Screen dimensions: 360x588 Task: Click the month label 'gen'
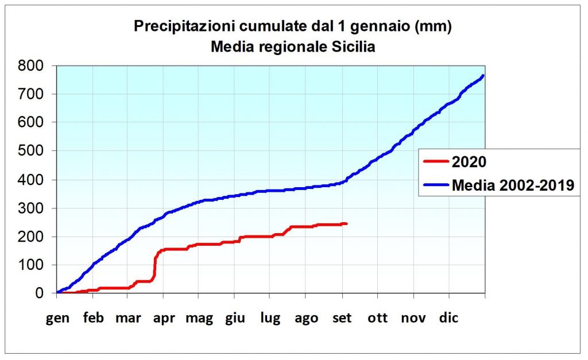pos(58,318)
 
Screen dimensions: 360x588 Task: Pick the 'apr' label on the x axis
pos(164,318)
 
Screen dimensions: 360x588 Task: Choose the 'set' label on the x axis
pos(342,318)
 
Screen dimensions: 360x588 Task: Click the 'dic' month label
pos(450,318)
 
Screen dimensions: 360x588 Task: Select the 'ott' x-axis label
pos(378,318)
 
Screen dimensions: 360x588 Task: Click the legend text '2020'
pos(469,162)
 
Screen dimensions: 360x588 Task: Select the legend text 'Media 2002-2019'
pos(513,185)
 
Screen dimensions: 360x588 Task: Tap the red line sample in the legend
pos(436,162)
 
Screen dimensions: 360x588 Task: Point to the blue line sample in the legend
pos(436,185)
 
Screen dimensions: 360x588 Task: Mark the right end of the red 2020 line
pos(346,223)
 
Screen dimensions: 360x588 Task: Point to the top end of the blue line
pos(483,75)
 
